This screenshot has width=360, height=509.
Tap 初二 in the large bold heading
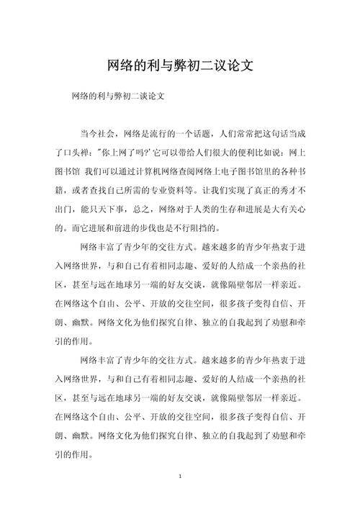(x=191, y=66)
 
